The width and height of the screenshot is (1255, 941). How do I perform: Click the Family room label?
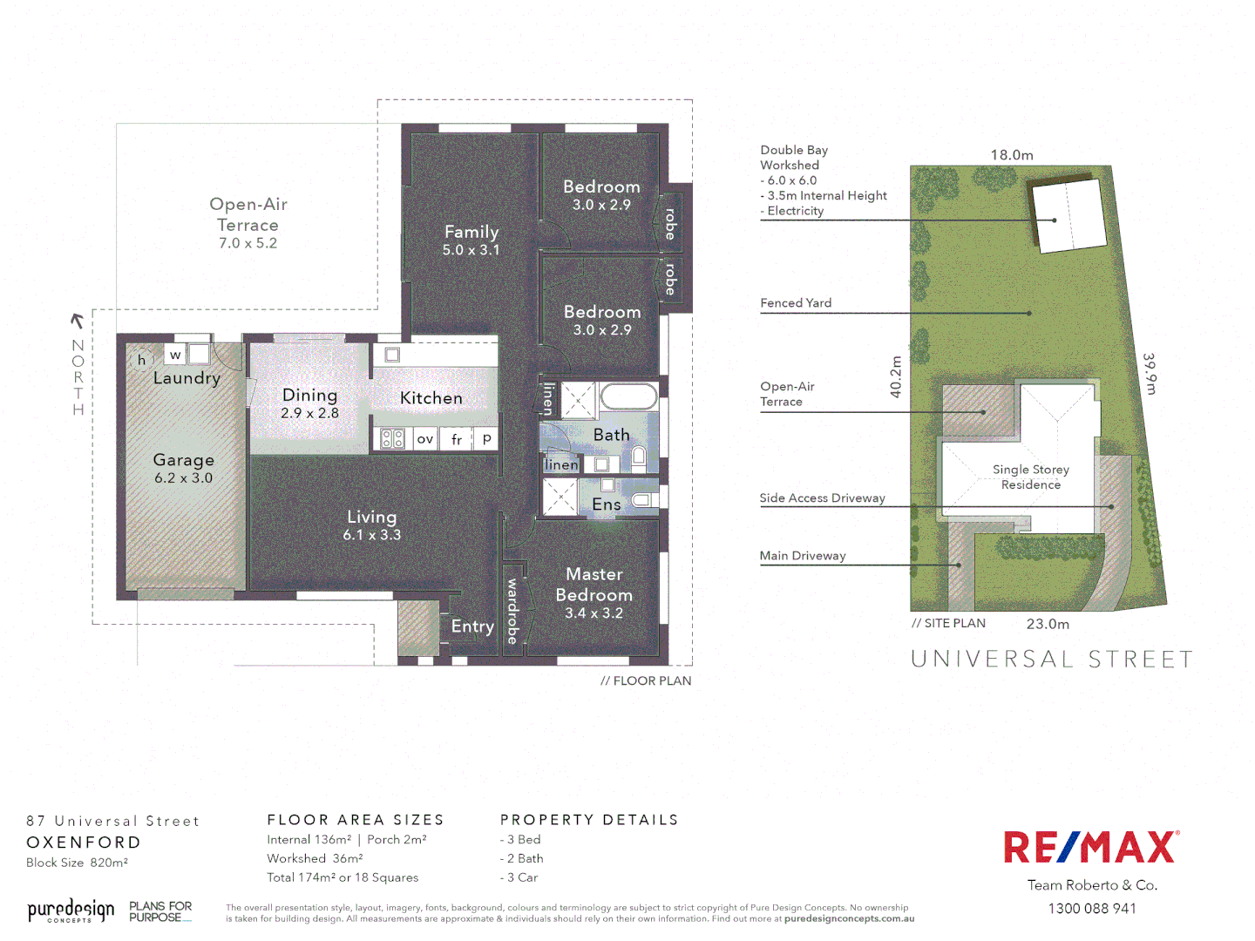(x=471, y=232)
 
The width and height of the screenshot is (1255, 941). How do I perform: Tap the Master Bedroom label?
(x=594, y=585)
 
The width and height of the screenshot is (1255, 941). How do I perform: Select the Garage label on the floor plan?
(x=183, y=460)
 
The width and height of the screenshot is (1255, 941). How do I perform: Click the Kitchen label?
(x=431, y=398)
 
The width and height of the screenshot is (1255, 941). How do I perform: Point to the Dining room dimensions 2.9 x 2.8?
(x=309, y=414)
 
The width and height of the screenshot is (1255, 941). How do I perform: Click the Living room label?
(x=372, y=517)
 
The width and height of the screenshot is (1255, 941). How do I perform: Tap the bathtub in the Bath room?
(x=627, y=397)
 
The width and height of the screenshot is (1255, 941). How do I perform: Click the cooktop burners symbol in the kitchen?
(x=393, y=439)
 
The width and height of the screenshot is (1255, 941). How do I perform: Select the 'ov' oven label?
(x=425, y=439)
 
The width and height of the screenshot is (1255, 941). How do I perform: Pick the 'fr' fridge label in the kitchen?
(x=457, y=440)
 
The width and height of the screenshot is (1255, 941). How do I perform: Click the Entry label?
(x=472, y=626)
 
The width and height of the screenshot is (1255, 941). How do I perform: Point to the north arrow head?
(x=77, y=320)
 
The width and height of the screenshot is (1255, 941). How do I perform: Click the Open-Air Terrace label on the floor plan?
(x=248, y=214)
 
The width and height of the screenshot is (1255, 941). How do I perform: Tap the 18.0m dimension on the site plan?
(x=1012, y=155)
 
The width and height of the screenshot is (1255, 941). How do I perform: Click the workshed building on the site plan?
(x=1066, y=215)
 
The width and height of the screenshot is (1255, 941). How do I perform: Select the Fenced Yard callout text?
(x=796, y=303)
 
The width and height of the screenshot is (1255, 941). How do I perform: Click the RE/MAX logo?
(x=1091, y=847)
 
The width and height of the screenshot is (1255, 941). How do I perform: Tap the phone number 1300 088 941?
(x=1092, y=909)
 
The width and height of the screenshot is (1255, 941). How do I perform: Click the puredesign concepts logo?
(x=71, y=911)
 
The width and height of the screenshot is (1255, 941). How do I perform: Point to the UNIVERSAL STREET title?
(x=1052, y=660)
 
